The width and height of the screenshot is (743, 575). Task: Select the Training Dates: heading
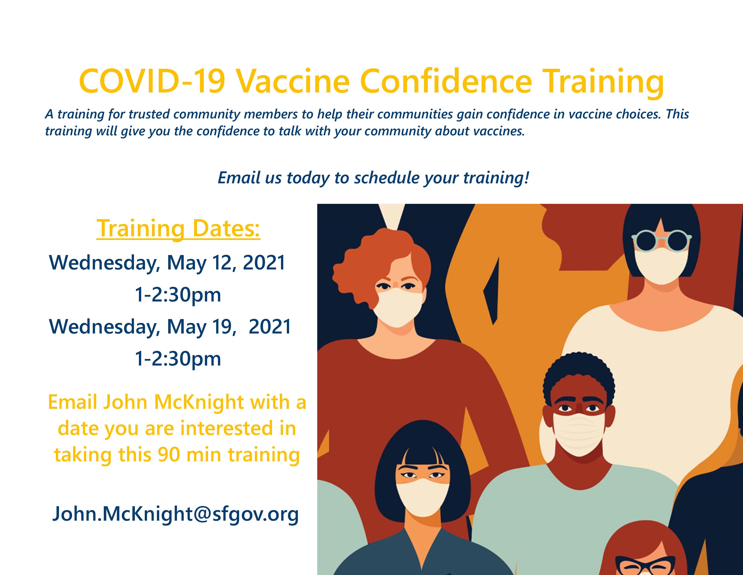point(178,229)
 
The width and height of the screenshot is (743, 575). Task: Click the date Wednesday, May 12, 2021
point(167,263)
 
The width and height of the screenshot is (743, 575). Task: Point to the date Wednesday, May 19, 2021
point(170,327)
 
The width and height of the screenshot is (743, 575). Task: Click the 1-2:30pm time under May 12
point(178,295)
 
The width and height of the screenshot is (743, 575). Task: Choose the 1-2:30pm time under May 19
point(178,359)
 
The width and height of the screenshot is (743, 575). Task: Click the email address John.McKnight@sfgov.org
point(176,514)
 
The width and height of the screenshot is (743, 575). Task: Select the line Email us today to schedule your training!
point(374,178)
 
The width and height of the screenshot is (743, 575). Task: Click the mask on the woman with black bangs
point(423,497)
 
